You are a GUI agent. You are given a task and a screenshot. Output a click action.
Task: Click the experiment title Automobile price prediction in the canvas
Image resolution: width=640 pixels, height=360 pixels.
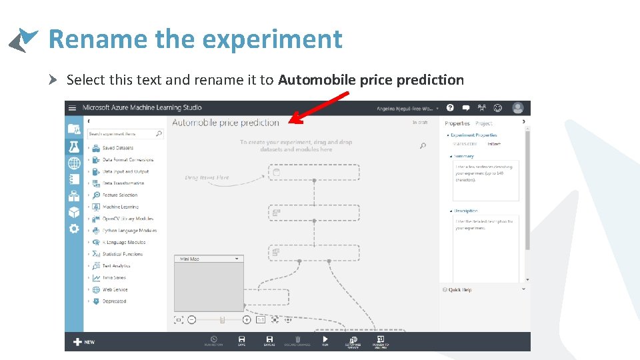[x=225, y=123]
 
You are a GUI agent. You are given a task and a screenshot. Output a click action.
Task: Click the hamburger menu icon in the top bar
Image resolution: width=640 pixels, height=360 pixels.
[x=73, y=108]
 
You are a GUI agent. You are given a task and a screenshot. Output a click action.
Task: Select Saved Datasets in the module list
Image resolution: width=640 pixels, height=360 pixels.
[x=117, y=148]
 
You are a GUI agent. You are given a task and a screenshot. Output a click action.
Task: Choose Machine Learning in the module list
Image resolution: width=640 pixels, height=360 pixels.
[x=120, y=207]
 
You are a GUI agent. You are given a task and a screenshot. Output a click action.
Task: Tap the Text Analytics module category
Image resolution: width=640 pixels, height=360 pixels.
[x=116, y=266]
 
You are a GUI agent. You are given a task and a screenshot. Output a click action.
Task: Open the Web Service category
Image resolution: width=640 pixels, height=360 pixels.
[x=115, y=290]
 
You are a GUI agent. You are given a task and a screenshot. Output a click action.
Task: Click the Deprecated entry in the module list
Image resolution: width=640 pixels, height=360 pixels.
[x=114, y=301]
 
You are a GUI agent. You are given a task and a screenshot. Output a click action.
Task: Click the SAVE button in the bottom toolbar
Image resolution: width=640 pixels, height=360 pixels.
[x=241, y=341]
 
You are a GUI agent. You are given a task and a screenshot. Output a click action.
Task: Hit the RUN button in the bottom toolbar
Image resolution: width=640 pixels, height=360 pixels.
[x=325, y=341]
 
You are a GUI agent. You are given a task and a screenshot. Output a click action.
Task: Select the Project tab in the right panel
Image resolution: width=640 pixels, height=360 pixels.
[x=484, y=123]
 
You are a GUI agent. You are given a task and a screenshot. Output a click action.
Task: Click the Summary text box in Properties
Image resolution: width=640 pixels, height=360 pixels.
[x=485, y=180]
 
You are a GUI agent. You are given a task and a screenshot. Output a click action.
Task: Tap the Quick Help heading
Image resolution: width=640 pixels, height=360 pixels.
[x=460, y=290]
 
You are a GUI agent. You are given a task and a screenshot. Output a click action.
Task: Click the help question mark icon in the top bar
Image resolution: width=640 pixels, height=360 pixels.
[x=450, y=107]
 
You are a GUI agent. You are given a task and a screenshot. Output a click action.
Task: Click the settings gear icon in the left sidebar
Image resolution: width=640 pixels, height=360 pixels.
[x=73, y=229]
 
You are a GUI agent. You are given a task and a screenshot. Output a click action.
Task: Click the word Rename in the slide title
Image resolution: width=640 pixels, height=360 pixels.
[x=98, y=39]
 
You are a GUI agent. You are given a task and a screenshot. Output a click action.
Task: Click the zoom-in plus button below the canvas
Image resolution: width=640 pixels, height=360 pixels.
[x=247, y=320]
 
